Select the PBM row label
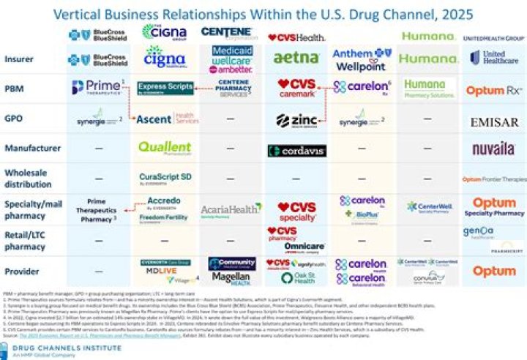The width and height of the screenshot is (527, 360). pos(15,89)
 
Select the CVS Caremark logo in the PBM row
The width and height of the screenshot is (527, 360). pos(297,89)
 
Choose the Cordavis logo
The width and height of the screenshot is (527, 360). pos(296,151)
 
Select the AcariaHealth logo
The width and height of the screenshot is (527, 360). pos(231,209)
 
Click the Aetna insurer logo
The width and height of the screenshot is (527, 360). pos(296,58)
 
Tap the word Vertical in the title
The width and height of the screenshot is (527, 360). pos(84,14)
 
